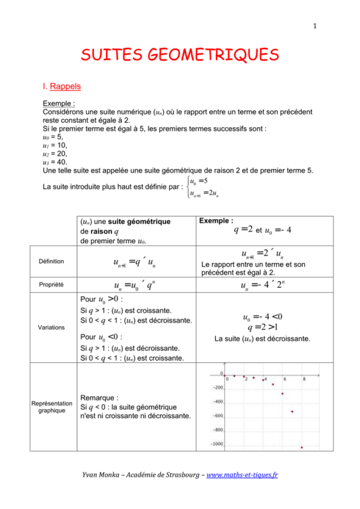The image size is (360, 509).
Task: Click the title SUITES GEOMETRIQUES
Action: (x=180, y=56)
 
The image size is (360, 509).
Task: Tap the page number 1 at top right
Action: (x=315, y=25)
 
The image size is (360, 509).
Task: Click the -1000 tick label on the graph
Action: (x=216, y=444)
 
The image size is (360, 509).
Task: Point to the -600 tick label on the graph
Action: (x=217, y=416)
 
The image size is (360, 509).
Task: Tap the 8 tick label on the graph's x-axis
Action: (x=304, y=378)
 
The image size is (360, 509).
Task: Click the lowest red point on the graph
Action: (x=302, y=448)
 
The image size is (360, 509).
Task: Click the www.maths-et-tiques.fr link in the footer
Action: (x=242, y=476)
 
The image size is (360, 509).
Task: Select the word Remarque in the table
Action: (x=96, y=398)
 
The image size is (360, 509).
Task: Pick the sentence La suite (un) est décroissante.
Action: (x=262, y=339)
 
